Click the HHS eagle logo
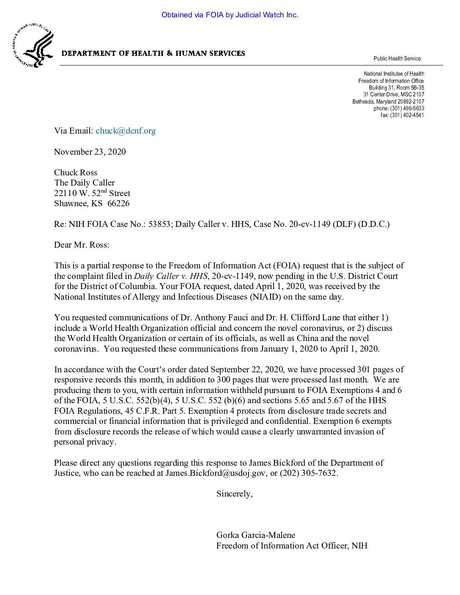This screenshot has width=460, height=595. pyautogui.click(x=33, y=46)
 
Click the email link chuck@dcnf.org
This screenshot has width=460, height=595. pyautogui.click(x=126, y=131)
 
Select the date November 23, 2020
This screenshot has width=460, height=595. pyautogui.click(x=90, y=152)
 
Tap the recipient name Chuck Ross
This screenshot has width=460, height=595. pyautogui.click(x=76, y=172)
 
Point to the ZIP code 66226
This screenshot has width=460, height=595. pyautogui.click(x=118, y=203)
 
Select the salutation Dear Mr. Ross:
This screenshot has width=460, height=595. pyautogui.click(x=82, y=245)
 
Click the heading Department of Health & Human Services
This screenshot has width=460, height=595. pyautogui.click(x=153, y=53)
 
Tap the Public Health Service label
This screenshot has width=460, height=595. pyautogui.click(x=397, y=58)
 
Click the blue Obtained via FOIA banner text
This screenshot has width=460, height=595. pyautogui.click(x=230, y=15)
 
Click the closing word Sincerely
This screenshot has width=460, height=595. pyautogui.click(x=234, y=494)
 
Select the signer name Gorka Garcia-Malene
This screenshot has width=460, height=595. pyautogui.click(x=256, y=535)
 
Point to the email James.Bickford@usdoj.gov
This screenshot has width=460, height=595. pyautogui.click(x=216, y=473)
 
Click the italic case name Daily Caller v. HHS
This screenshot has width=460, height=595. pyautogui.click(x=171, y=276)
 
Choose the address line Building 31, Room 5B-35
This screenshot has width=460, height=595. pyautogui.click(x=396, y=87)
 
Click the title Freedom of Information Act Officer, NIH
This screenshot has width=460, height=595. pyautogui.click(x=292, y=546)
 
